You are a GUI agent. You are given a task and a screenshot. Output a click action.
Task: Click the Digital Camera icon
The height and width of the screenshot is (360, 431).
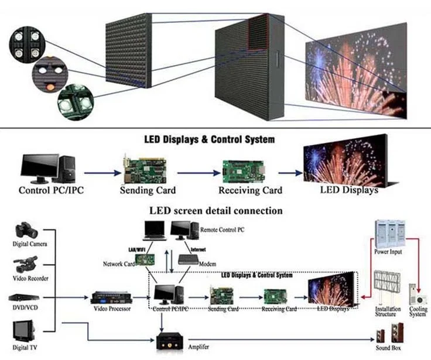pyautogui.click(x=27, y=229)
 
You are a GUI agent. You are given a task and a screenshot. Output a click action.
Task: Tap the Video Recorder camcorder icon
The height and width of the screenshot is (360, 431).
pyautogui.click(x=25, y=264)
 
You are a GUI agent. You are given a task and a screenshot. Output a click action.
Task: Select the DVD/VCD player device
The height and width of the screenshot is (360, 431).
pyautogui.click(x=23, y=297)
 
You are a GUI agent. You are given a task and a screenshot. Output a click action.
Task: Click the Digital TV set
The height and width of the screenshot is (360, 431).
pyautogui.click(x=24, y=331)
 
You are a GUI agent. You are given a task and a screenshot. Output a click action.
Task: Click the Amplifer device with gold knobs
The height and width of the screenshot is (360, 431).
pyautogui.click(x=170, y=342)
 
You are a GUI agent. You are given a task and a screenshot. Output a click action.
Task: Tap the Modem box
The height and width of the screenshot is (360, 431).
pyautogui.click(x=189, y=260)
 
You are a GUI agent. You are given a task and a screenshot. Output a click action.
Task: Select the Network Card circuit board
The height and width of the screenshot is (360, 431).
pyautogui.click(x=145, y=260)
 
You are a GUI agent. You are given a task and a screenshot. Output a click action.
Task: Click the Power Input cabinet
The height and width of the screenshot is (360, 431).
pyautogui.click(x=390, y=234)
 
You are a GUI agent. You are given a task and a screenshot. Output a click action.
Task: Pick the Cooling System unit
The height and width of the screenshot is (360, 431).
pyautogui.click(x=418, y=294)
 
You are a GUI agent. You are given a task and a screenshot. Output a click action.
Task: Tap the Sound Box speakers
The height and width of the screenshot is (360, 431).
pyautogui.click(x=390, y=332)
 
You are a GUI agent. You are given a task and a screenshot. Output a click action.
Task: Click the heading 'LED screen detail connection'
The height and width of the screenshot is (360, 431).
pyautogui.click(x=215, y=211)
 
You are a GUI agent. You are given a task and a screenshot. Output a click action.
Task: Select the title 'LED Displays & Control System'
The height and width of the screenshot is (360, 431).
pyautogui.click(x=210, y=139)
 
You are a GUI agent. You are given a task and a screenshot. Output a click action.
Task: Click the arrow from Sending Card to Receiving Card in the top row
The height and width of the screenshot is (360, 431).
pyautogui.click(x=199, y=173)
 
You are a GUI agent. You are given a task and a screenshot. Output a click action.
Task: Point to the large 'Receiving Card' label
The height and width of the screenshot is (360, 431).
pyautogui.click(x=250, y=190)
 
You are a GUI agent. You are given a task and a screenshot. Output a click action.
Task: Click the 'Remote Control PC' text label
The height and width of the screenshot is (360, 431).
pyautogui.click(x=222, y=229)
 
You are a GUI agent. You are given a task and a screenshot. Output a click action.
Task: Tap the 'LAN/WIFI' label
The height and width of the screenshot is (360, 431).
pyautogui.click(x=136, y=249)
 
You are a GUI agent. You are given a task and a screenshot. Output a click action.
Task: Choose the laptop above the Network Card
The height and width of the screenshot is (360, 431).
pyautogui.click(x=155, y=231)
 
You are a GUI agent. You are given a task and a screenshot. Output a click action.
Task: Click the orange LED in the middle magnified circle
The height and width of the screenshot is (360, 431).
pyautogui.click(x=50, y=87)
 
